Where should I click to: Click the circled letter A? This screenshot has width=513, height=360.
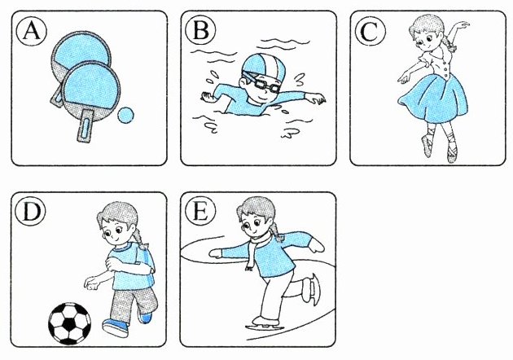tap(32, 32)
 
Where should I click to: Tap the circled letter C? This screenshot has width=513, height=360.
tap(370, 32)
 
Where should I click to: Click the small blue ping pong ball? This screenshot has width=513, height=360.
tap(125, 115)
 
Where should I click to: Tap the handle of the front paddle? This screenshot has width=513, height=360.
tap(85, 125)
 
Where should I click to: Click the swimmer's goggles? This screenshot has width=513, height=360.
tap(261, 83)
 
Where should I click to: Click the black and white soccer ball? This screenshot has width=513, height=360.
tap(70, 323)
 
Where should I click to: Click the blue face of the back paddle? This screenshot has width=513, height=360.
tap(81, 50)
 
